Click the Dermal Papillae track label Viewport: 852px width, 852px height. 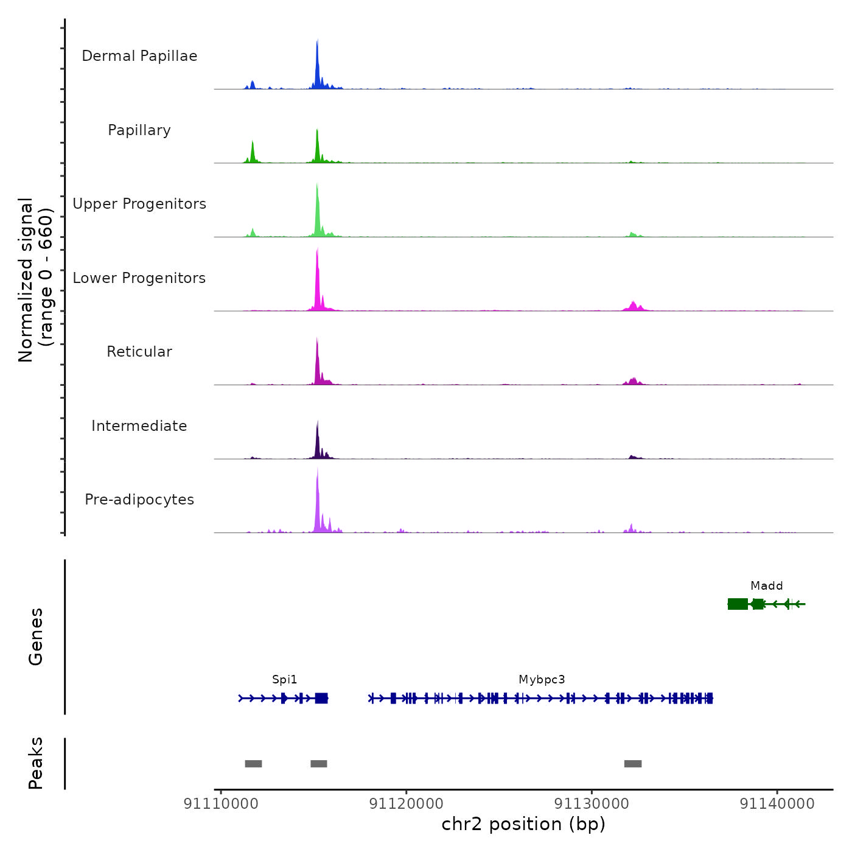click(x=139, y=56)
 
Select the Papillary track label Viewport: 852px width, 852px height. click(x=139, y=130)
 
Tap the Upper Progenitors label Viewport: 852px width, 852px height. click(x=139, y=204)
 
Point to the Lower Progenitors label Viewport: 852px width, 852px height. click(x=139, y=278)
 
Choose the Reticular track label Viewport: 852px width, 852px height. click(x=139, y=352)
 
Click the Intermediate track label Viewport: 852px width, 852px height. click(x=139, y=426)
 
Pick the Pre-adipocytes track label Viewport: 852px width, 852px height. click(x=139, y=500)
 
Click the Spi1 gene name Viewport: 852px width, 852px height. click(x=285, y=680)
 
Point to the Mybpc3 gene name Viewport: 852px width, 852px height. click(x=542, y=680)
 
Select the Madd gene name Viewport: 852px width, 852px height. click(x=766, y=586)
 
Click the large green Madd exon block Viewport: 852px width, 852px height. click(x=738, y=604)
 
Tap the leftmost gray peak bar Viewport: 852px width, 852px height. click(x=253, y=764)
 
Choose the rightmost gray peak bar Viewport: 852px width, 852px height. click(x=633, y=764)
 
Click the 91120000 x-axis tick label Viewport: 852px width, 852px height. click(x=407, y=804)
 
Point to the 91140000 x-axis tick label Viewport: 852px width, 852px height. click(x=777, y=804)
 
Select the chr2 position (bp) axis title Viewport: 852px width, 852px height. click(x=523, y=824)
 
